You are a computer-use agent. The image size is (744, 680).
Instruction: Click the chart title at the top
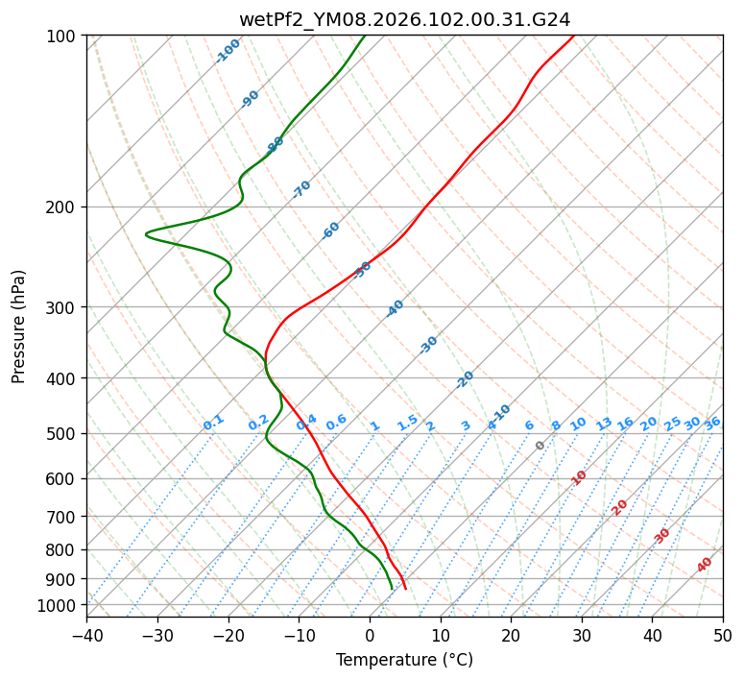coord(404,19)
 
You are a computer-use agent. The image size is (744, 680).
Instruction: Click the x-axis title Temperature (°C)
coord(404,661)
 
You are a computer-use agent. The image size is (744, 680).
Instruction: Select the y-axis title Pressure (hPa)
coord(19,327)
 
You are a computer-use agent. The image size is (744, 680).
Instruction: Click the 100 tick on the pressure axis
coord(64,36)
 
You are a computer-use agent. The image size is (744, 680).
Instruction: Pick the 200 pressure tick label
coord(64,207)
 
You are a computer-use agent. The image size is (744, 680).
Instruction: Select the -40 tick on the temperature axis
coord(86,636)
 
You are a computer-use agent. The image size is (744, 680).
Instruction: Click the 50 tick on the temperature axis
coord(723,636)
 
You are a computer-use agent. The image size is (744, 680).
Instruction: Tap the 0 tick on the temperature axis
coord(370,636)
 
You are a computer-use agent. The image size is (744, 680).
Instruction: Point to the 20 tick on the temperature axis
coord(511,636)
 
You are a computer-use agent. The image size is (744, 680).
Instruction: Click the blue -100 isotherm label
coord(228,50)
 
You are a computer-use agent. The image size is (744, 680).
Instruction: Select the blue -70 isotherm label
coord(301,189)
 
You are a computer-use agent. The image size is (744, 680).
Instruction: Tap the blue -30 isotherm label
coord(428,345)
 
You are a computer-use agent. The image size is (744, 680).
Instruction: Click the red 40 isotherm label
coord(705,565)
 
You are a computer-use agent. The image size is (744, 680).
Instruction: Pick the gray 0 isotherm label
coord(540,446)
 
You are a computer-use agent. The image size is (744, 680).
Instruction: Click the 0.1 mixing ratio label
coord(213,422)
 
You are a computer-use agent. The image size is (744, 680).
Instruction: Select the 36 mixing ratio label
coord(712,423)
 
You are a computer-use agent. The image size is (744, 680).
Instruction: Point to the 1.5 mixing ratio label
coord(407,422)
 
